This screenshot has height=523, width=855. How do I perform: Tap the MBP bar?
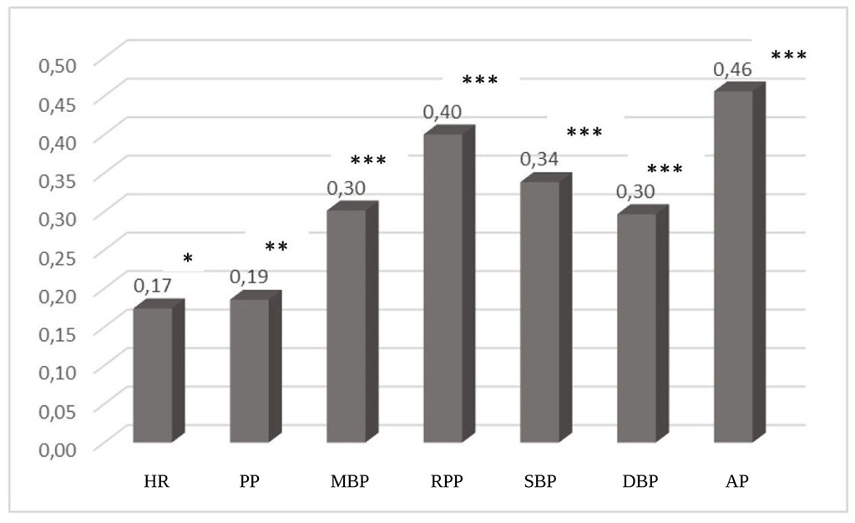point(347,325)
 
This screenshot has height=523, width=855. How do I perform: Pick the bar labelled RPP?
point(443,287)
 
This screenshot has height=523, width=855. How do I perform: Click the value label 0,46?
point(732,69)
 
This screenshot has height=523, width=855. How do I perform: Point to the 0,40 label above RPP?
point(443,111)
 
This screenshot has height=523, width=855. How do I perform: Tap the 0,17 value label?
point(153,286)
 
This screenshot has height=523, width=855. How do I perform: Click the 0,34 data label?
point(539,159)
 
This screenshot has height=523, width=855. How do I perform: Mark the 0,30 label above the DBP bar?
point(635,191)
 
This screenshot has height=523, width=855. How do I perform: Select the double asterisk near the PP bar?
point(276,247)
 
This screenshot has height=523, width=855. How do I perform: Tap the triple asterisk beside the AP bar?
point(788,56)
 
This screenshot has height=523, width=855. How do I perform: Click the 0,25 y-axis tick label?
point(58,256)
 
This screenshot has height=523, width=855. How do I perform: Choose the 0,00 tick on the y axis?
point(58,448)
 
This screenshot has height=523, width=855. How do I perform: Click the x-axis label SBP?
point(539,482)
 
